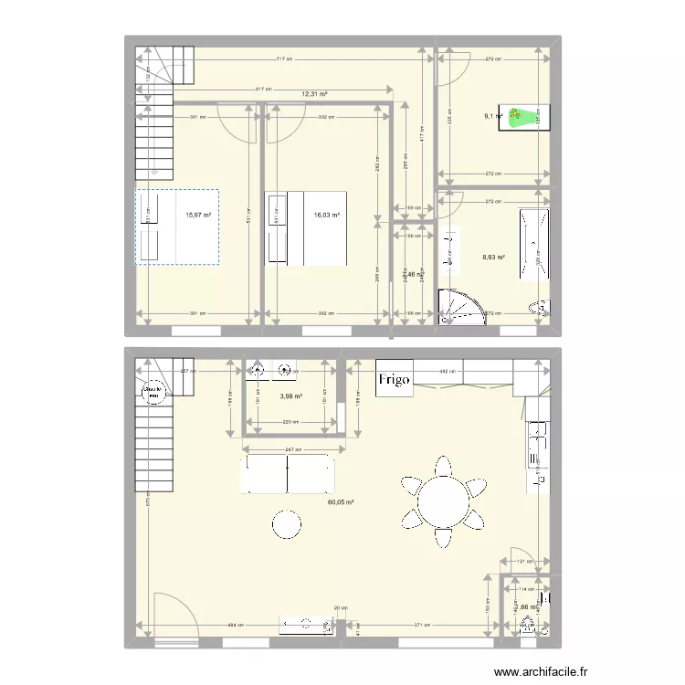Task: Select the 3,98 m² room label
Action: pyautogui.click(x=291, y=396)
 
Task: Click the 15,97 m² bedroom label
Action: pyautogui.click(x=198, y=216)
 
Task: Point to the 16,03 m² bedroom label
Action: pyautogui.click(x=326, y=216)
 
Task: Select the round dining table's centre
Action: pyautogui.click(x=444, y=501)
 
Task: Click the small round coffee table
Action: pyautogui.click(x=287, y=524)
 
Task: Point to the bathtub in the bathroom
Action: pyautogui.click(x=532, y=244)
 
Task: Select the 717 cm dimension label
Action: pyautogui.click(x=287, y=59)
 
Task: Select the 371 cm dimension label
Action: pyautogui.click(x=422, y=626)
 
